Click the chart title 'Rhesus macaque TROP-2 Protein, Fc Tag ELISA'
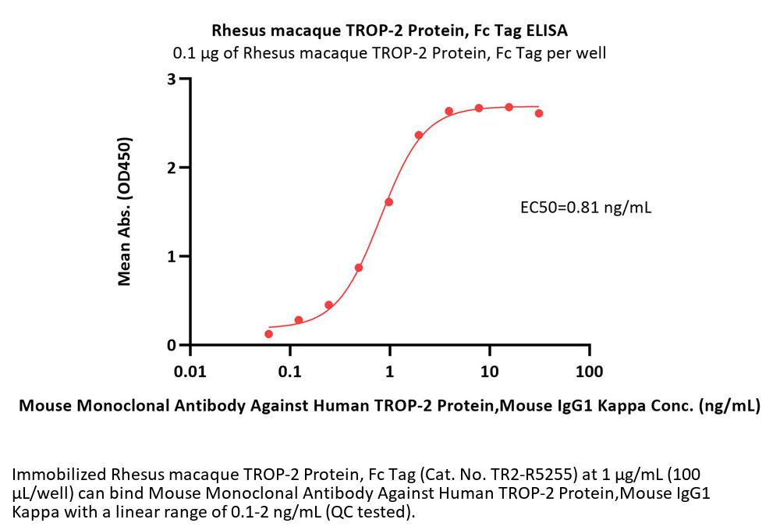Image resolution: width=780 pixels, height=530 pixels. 390,31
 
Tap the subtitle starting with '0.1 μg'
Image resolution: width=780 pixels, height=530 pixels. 390,54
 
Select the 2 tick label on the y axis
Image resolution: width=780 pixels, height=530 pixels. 161,168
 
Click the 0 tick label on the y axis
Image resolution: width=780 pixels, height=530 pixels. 161,345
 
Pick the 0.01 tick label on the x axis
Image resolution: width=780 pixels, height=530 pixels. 190,372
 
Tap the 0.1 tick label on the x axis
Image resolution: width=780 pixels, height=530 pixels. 290,372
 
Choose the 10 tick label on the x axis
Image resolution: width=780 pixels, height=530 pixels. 489,372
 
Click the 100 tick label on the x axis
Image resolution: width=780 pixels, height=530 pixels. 588,372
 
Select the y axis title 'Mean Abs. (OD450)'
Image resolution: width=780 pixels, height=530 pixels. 124,212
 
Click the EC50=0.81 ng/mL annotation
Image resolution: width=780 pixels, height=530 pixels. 586,208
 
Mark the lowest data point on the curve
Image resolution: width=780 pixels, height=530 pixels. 269,334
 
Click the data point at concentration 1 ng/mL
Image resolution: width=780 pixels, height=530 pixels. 389,202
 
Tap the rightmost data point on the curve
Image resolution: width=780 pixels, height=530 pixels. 539,113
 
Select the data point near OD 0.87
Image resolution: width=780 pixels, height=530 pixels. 359,268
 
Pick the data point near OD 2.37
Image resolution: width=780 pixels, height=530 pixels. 419,135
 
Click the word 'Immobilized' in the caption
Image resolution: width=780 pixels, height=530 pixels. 58,474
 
